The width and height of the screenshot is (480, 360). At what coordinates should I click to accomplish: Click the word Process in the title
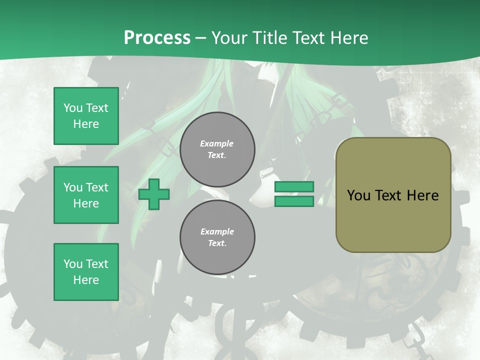(x=157, y=38)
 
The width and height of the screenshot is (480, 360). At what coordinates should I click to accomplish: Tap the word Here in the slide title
(x=348, y=38)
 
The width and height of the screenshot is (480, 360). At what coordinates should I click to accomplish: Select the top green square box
(x=86, y=116)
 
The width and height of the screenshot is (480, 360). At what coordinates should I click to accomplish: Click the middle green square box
(x=86, y=195)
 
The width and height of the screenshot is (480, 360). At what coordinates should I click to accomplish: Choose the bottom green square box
(x=86, y=271)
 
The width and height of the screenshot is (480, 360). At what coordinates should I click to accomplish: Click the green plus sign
(x=154, y=195)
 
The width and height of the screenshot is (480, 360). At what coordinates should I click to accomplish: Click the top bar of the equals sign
(x=294, y=187)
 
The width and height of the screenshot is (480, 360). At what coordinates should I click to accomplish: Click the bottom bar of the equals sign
(x=294, y=201)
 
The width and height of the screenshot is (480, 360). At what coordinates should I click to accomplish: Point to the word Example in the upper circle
(x=216, y=144)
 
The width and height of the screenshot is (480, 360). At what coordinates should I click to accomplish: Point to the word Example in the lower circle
(x=217, y=232)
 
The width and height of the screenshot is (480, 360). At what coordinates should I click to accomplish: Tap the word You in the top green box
(x=73, y=108)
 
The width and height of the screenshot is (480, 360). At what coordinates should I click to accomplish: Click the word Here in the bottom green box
(x=86, y=280)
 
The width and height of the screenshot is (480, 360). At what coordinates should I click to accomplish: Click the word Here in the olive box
(x=422, y=195)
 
